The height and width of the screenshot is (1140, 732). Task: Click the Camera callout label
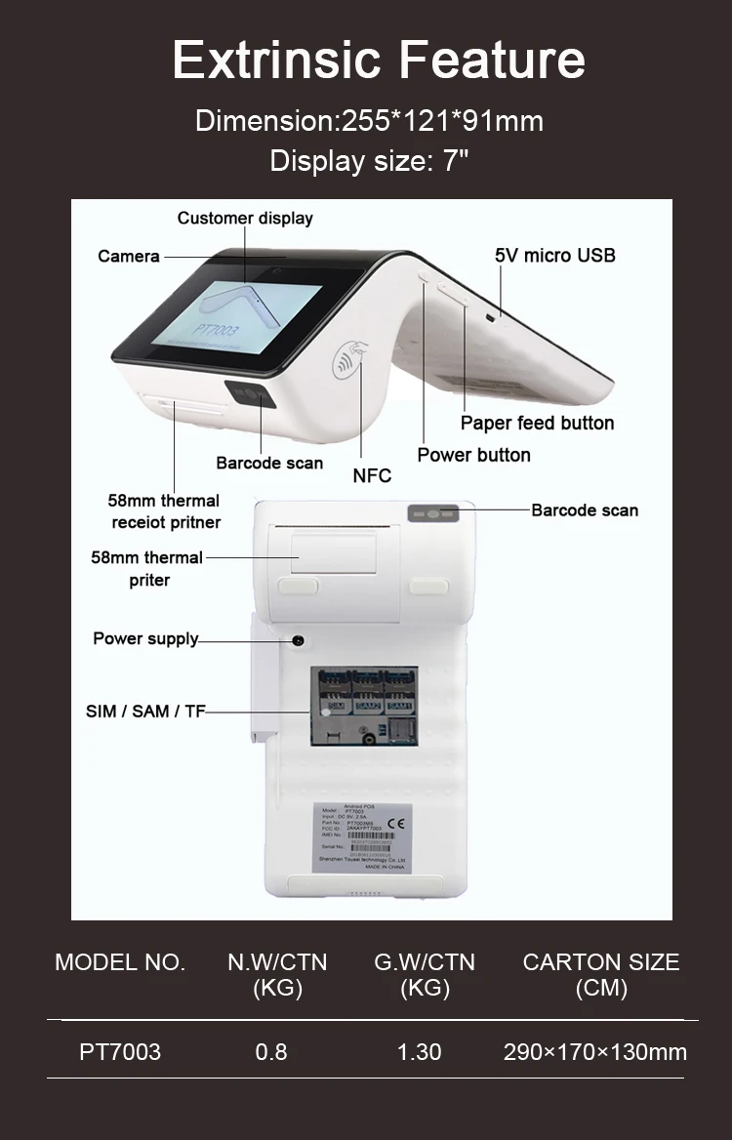(x=128, y=256)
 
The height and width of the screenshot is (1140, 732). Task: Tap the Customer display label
(x=245, y=218)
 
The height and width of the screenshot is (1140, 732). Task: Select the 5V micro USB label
(x=554, y=255)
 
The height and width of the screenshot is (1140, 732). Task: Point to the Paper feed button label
(x=537, y=423)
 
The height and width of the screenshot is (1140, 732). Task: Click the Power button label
(x=473, y=455)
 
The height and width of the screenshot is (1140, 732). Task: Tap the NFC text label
(x=372, y=475)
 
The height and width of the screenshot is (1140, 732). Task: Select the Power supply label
(x=145, y=638)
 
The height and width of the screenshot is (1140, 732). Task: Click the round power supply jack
(x=298, y=640)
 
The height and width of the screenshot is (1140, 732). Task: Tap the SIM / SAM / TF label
(x=145, y=712)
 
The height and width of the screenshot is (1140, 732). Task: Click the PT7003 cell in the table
(x=120, y=1051)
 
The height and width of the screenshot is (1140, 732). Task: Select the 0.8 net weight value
(x=271, y=1051)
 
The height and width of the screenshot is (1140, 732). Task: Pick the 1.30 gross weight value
(x=419, y=1051)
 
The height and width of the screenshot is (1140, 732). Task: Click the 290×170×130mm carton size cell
(x=595, y=1051)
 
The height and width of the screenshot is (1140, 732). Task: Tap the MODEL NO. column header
(x=120, y=961)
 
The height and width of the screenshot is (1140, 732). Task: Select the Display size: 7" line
(x=369, y=160)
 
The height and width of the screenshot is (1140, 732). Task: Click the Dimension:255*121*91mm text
(x=369, y=121)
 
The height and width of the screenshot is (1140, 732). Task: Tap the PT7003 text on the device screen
(x=217, y=331)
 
